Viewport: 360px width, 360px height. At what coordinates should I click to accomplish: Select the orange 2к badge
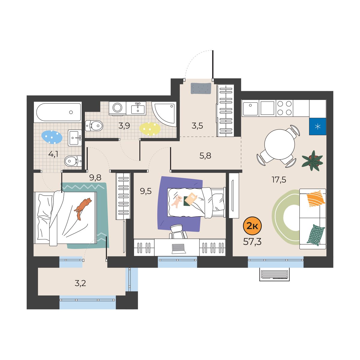click(252, 226)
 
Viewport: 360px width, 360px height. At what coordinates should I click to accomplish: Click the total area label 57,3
click(252, 242)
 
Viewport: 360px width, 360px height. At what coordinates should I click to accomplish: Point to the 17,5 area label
click(279, 180)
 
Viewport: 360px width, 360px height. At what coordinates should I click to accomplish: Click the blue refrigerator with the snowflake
click(317, 127)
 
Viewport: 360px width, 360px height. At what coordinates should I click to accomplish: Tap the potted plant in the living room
click(312, 160)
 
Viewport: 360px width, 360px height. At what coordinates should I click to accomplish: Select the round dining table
click(280, 144)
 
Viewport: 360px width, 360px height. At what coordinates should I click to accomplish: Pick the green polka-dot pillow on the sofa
click(316, 235)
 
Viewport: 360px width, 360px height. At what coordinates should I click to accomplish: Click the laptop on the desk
click(178, 249)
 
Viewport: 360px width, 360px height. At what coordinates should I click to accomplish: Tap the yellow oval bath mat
click(150, 129)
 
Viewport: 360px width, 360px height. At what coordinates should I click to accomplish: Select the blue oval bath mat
click(52, 137)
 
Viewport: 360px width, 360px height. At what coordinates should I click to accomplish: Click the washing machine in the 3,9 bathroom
click(117, 108)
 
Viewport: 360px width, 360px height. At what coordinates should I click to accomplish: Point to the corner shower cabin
click(164, 114)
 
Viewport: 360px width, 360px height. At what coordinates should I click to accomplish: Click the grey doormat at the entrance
click(201, 88)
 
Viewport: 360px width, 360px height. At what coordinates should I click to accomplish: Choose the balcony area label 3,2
click(80, 283)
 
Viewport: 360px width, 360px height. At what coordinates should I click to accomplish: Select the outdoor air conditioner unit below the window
click(274, 274)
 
